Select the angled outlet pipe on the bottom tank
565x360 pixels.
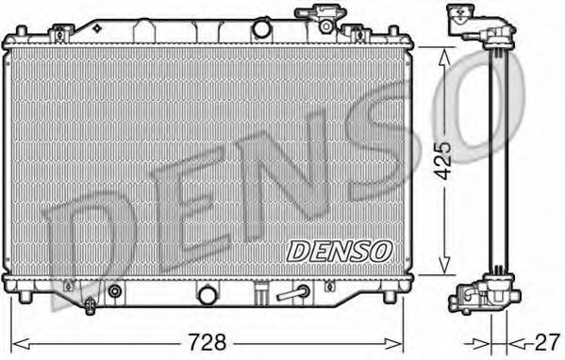click(x=293, y=292)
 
